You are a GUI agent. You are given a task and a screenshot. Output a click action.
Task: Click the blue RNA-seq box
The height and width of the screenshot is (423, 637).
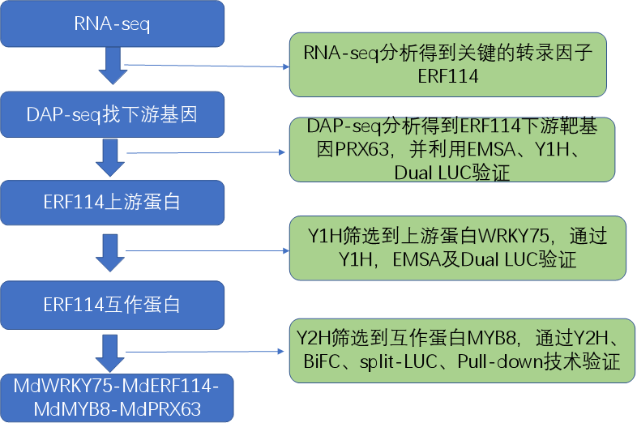pyautogui.click(x=113, y=24)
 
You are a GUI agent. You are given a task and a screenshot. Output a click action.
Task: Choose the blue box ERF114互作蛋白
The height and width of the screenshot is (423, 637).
pyautogui.click(x=113, y=305)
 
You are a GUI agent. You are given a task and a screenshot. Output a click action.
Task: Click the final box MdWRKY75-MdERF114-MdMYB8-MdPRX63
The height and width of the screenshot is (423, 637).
pyautogui.click(x=113, y=396)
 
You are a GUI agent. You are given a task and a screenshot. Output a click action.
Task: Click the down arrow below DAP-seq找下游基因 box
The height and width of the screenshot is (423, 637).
pyautogui.click(x=112, y=158)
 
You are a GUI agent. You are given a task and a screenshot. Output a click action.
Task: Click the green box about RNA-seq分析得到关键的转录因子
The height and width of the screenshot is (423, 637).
pyautogui.click(x=459, y=65)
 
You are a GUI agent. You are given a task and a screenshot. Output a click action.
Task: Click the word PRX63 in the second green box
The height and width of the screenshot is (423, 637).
pyautogui.click(x=357, y=150)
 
